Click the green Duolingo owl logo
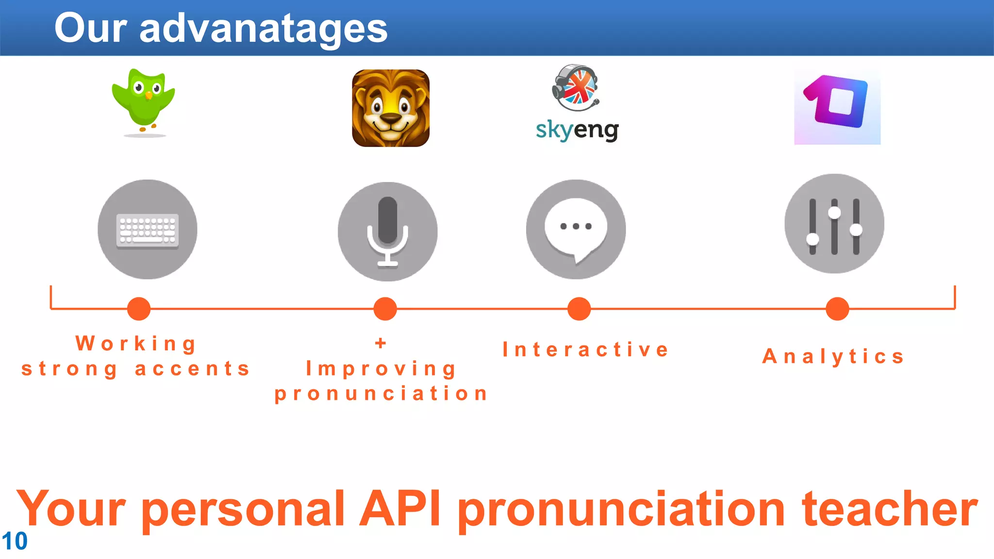tap(144, 101)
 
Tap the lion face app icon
tap(391, 108)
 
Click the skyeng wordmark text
tap(577, 130)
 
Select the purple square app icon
tap(837, 107)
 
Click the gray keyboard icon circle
tap(148, 230)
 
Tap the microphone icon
tap(387, 231)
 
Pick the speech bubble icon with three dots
tap(576, 229)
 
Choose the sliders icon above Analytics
tap(834, 224)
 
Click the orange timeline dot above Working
tap(139, 309)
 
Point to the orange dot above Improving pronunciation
tap(385, 309)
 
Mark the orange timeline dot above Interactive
tap(579, 309)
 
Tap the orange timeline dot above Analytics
tap(837, 309)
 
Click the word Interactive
tap(586, 350)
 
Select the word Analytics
tap(833, 357)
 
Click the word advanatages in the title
tap(264, 28)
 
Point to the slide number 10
tap(15, 541)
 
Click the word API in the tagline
tap(400, 509)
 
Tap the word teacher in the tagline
tap(890, 509)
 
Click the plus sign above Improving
tap(381, 343)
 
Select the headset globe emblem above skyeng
tap(576, 87)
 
